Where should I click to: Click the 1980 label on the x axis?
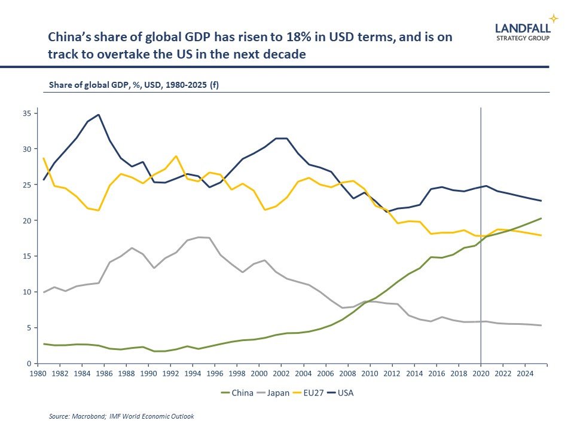[x=38, y=374]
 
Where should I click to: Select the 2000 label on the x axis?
[x=259, y=374]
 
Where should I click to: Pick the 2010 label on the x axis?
[x=370, y=374]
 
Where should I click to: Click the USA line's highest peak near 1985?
[x=99, y=115]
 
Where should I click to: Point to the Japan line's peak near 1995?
[x=198, y=237]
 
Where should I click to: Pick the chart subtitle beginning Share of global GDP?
[x=133, y=85]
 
